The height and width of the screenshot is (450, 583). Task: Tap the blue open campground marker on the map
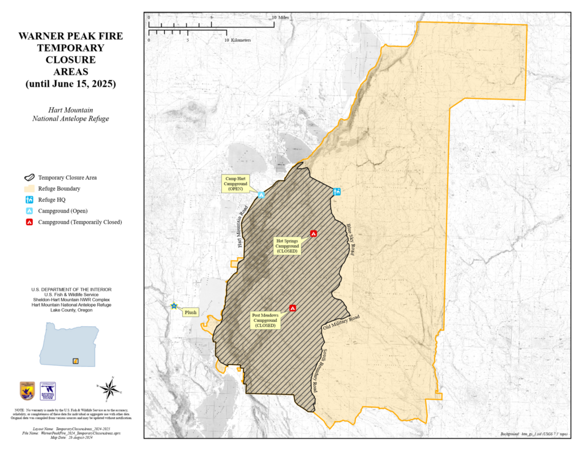pyautogui.click(x=262, y=195)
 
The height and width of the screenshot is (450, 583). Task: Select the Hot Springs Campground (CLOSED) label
pyautogui.click(x=288, y=246)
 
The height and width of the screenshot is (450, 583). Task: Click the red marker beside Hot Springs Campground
pyautogui.click(x=314, y=233)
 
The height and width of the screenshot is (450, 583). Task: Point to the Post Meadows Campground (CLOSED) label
pyautogui.click(x=265, y=319)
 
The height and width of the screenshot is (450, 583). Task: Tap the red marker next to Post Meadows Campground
pyautogui.click(x=293, y=308)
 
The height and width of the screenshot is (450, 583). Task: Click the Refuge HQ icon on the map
pyautogui.click(x=337, y=192)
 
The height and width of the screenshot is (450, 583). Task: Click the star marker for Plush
pyautogui.click(x=174, y=306)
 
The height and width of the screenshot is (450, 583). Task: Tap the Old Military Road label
pyautogui.click(x=341, y=323)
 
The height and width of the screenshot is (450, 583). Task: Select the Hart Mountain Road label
pyautogui.click(x=242, y=227)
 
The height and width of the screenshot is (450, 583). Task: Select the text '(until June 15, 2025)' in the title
pyautogui.click(x=70, y=84)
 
